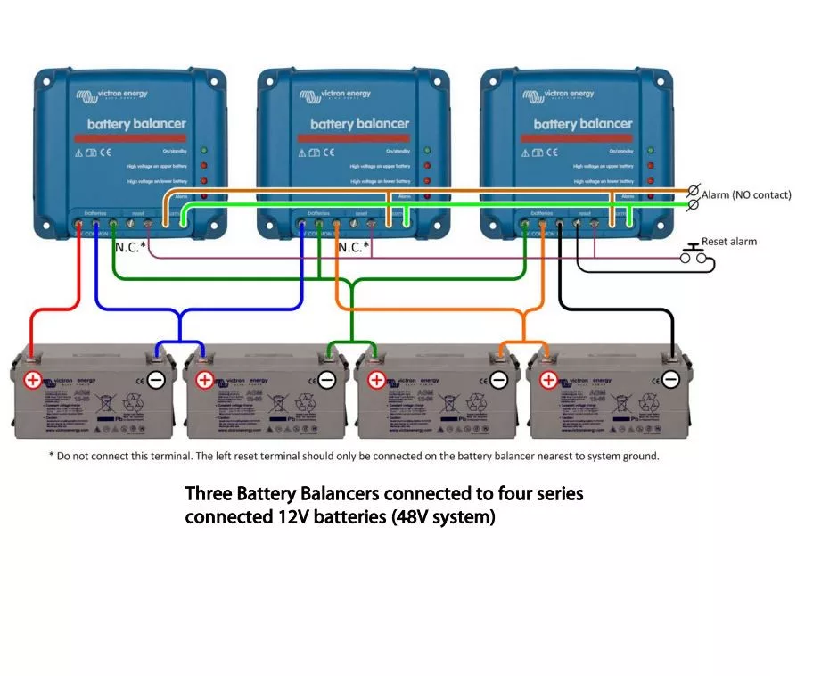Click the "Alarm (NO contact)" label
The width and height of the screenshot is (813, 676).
pyautogui.click(x=746, y=194)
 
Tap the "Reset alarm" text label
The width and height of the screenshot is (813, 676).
pyautogui.click(x=729, y=242)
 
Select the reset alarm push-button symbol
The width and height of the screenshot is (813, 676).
pyautogui.click(x=693, y=256)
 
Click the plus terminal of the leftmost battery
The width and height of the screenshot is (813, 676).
pyautogui.click(x=32, y=380)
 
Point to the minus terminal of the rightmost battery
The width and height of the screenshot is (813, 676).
pyautogui.click(x=670, y=380)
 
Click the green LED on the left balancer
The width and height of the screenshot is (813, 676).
pyautogui.click(x=204, y=151)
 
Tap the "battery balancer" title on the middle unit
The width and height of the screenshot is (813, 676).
pyautogui.click(x=359, y=124)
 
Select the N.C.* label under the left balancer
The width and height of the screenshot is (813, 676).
pyautogui.click(x=130, y=246)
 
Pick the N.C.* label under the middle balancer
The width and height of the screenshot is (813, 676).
pyautogui.click(x=354, y=246)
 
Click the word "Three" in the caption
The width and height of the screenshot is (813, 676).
pyautogui.click(x=208, y=493)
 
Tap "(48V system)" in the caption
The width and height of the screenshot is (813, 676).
pyautogui.click(x=443, y=517)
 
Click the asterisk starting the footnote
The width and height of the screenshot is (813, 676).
pyautogui.click(x=51, y=457)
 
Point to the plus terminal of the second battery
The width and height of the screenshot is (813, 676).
pyautogui.click(x=204, y=380)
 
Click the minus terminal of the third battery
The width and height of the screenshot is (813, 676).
pyautogui.click(x=498, y=380)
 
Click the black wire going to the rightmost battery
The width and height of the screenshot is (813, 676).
pyautogui.click(x=624, y=310)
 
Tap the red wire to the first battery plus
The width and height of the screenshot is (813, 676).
pyautogui.click(x=32, y=330)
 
